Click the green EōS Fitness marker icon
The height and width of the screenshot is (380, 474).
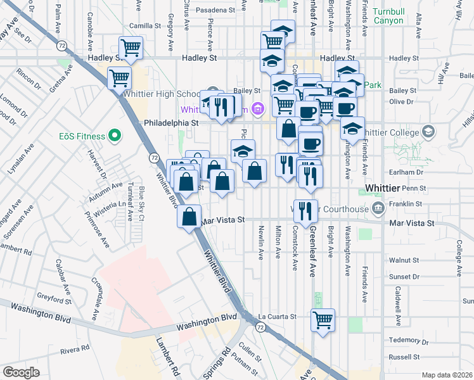(115, 134)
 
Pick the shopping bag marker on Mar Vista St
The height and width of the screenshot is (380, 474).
(189, 217)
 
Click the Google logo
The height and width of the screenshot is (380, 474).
(21, 372)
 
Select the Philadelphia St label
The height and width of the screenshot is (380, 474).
(171, 123)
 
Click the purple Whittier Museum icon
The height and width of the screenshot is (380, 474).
(257, 109)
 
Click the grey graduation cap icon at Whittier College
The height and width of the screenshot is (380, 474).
(428, 132)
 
